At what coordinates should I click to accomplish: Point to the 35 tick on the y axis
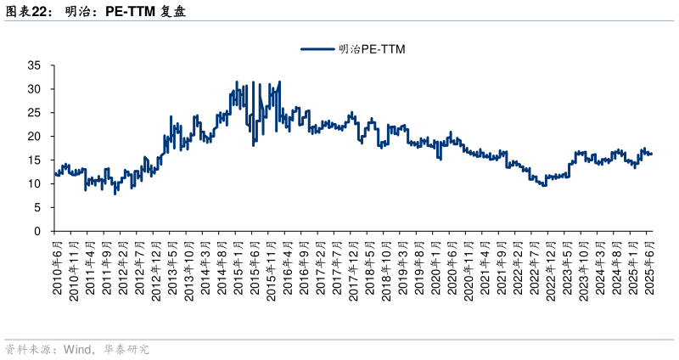click(x=35, y=65)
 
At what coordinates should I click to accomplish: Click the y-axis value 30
click(x=35, y=89)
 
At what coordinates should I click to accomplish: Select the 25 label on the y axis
click(x=35, y=113)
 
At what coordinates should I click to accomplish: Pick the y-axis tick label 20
click(x=35, y=137)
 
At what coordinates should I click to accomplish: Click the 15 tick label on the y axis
click(x=35, y=160)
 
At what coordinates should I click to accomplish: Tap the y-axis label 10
click(x=35, y=184)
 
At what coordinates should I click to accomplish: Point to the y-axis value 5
click(x=38, y=208)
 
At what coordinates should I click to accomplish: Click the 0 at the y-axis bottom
click(x=38, y=232)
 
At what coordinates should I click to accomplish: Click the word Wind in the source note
click(x=77, y=349)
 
